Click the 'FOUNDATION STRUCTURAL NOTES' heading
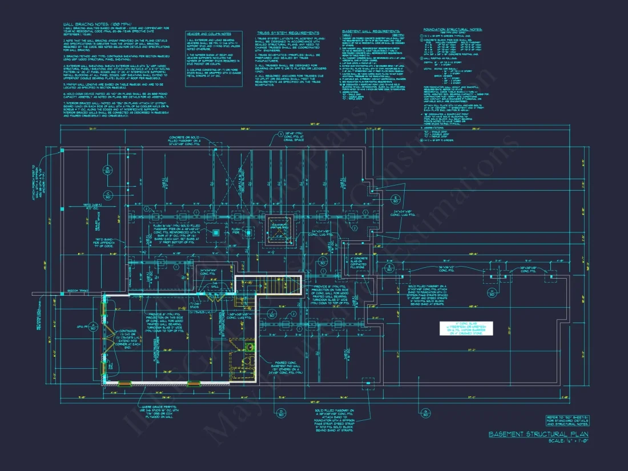click(453, 29)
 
